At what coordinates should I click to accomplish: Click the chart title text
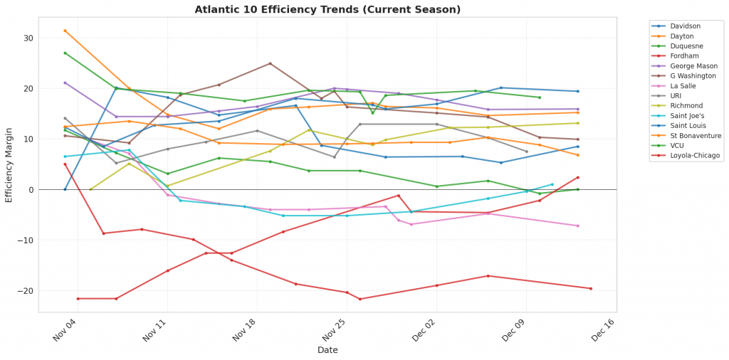[x=327, y=9]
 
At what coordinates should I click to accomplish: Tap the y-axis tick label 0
[x=29, y=190]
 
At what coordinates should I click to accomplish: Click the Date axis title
[x=327, y=350]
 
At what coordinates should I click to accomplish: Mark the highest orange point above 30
[x=65, y=31]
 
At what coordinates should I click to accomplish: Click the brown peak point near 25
[x=270, y=63]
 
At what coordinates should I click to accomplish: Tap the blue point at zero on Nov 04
[x=65, y=189]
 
